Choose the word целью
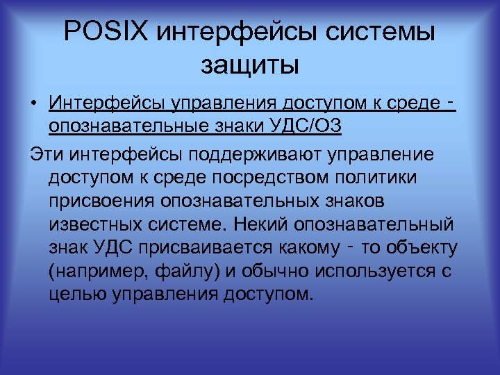[72, 294]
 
